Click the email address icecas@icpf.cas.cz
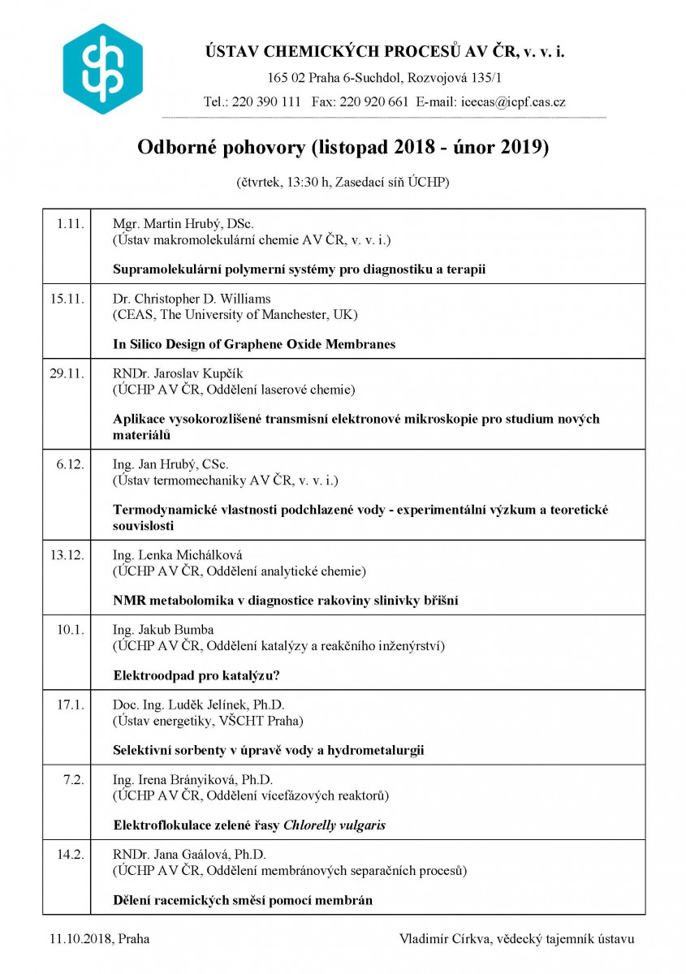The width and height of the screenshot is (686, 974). [513, 102]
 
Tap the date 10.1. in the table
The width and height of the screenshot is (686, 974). [71, 630]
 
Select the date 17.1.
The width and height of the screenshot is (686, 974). [71, 705]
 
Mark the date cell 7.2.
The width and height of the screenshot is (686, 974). [75, 780]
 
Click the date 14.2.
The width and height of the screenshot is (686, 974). [71, 855]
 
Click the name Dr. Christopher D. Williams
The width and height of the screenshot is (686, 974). [192, 298]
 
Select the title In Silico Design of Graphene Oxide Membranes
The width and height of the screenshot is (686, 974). [254, 344]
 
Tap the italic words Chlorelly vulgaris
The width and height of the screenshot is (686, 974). [334, 825]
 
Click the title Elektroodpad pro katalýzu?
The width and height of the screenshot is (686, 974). [201, 675]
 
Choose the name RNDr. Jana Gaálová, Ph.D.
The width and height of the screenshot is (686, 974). [189, 855]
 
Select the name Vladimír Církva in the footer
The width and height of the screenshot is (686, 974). [445, 939]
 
